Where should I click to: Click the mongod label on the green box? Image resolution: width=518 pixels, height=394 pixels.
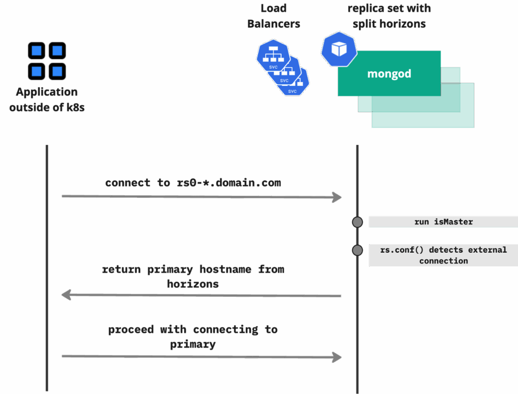[x=389, y=74]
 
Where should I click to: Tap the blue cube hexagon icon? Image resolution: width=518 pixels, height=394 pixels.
[x=339, y=49]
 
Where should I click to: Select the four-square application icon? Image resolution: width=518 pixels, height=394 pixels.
[x=47, y=61]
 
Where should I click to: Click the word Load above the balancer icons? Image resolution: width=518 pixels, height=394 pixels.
[x=274, y=8]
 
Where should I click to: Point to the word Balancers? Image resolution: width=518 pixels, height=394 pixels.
[x=274, y=24]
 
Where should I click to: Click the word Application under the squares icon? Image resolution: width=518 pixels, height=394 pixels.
[x=47, y=92]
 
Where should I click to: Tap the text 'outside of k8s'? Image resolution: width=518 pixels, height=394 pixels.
[x=47, y=107]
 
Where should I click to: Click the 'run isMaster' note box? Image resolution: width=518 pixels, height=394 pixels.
[x=443, y=222]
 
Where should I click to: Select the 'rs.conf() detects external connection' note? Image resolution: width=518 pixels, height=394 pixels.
[x=443, y=255]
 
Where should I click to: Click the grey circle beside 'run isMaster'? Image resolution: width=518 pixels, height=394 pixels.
[x=357, y=222]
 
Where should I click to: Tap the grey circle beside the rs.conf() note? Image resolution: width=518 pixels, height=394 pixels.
[x=357, y=250]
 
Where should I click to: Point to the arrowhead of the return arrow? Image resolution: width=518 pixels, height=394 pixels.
[x=66, y=295]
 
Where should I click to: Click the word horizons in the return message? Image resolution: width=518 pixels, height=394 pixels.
[x=193, y=284]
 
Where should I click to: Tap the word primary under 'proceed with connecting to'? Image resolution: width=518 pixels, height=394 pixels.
[x=193, y=344]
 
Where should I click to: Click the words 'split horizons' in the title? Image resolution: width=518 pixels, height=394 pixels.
[x=389, y=24]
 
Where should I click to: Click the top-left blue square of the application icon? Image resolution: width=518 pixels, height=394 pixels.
[x=36, y=51]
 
